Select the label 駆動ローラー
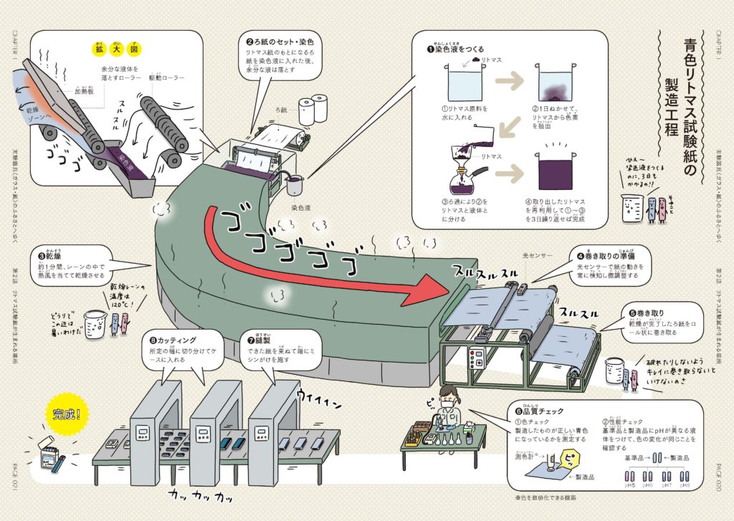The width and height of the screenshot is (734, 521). click(x=166, y=77)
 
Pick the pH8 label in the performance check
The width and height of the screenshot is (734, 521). click(x=686, y=485)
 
